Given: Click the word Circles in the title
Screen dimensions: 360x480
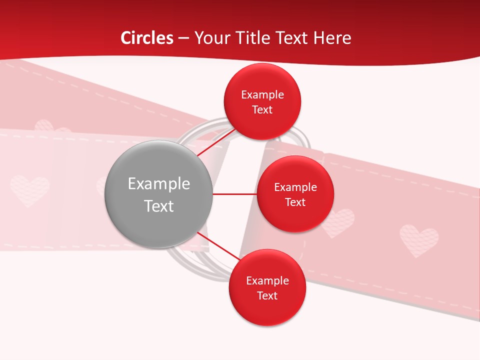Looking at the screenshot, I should click(x=146, y=38).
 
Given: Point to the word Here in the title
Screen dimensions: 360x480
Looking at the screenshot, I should click(x=332, y=38).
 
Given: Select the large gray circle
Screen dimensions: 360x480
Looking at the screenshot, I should click(x=158, y=194).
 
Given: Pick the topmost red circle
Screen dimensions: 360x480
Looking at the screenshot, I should click(x=262, y=101).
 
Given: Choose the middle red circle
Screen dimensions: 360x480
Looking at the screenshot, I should click(x=295, y=194).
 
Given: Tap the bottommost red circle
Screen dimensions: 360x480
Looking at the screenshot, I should click(x=267, y=287).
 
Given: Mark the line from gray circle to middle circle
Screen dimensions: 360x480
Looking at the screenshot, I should click(x=234, y=194).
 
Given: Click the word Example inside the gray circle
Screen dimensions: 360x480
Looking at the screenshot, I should click(x=158, y=184).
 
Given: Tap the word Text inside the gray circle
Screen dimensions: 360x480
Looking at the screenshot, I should click(x=158, y=206).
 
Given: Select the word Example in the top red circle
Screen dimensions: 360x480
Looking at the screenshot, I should click(x=262, y=94).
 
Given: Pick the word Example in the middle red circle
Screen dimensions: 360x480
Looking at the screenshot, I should click(x=295, y=187).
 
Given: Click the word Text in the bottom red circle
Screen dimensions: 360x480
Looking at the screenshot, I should click(x=267, y=295).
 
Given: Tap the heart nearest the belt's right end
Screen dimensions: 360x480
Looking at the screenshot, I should click(x=419, y=240).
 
